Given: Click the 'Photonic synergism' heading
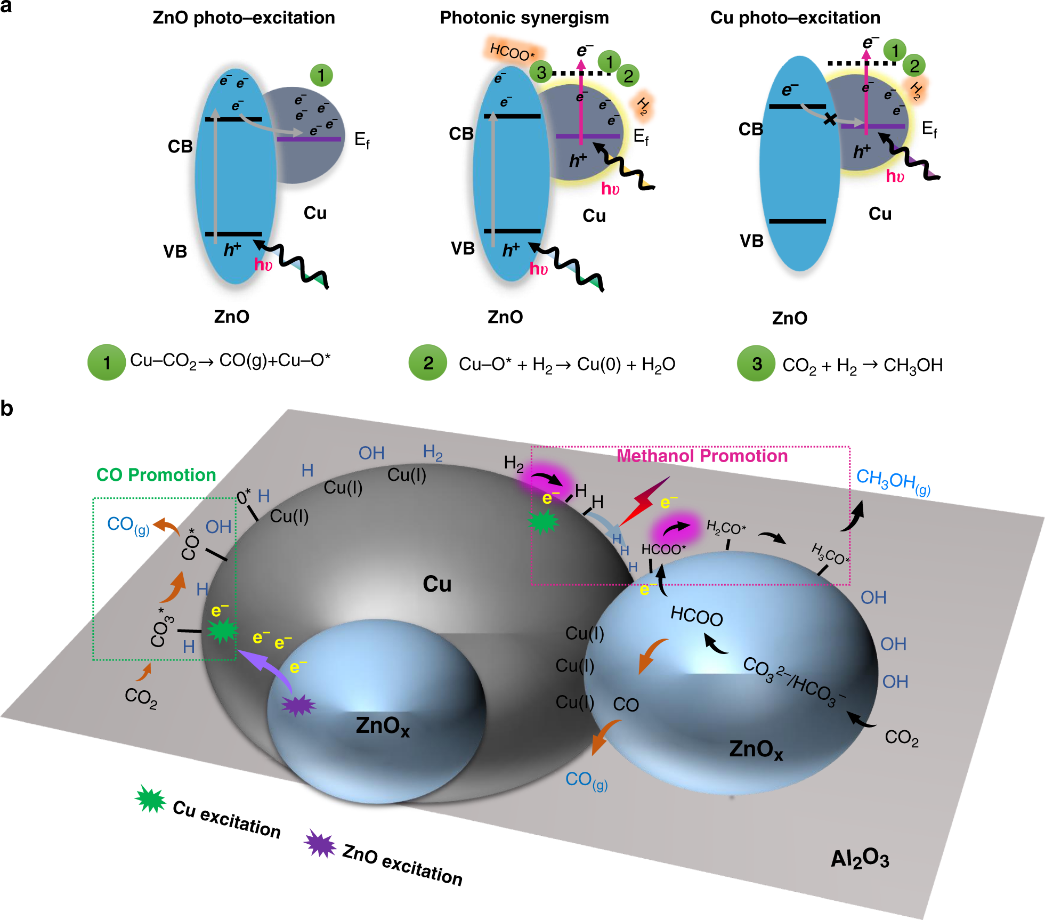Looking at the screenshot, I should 524,18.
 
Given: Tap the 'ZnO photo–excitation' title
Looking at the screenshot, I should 244,18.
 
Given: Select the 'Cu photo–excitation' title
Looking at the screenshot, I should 795,18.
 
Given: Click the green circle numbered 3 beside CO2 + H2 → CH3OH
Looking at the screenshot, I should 756,364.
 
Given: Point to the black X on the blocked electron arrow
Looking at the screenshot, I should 830,119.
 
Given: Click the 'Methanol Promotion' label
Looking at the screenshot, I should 702,456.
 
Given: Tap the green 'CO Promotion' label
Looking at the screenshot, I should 156,474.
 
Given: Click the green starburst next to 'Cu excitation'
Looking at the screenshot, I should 150,799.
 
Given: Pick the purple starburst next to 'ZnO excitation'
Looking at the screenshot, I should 320,844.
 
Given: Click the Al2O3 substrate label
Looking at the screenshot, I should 860,859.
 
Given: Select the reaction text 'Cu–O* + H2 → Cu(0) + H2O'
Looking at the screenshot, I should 566,365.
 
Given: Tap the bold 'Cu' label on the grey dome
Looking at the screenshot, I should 437,584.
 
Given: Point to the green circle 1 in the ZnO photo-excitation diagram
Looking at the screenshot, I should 321,76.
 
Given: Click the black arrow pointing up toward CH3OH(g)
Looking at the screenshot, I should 853,516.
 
